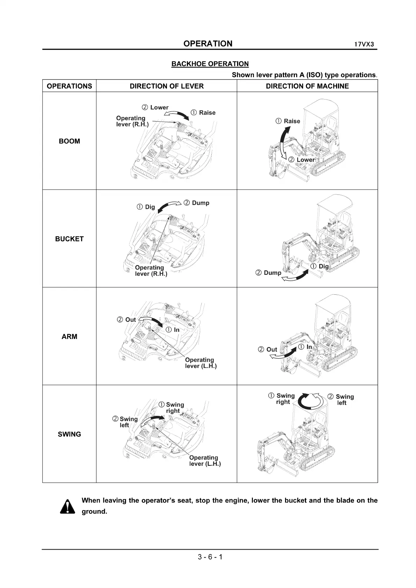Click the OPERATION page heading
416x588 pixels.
tap(208, 44)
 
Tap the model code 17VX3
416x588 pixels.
tap(364, 45)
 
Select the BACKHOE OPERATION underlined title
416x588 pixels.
tap(210, 64)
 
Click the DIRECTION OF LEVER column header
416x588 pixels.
tap(167, 86)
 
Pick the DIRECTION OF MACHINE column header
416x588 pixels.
tap(307, 86)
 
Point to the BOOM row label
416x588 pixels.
tap(70, 141)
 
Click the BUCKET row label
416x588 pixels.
tap(70, 239)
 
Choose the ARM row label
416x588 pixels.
tap(70, 337)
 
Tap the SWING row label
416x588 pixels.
tap(70, 434)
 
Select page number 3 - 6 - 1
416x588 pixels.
tap(210, 557)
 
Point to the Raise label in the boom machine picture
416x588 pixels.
tap(292, 121)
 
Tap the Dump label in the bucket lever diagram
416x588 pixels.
tap(200, 203)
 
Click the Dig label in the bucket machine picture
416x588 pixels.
tap(323, 266)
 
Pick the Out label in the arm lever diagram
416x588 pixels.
tap(130, 319)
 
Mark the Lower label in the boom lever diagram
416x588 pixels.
tap(159, 108)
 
